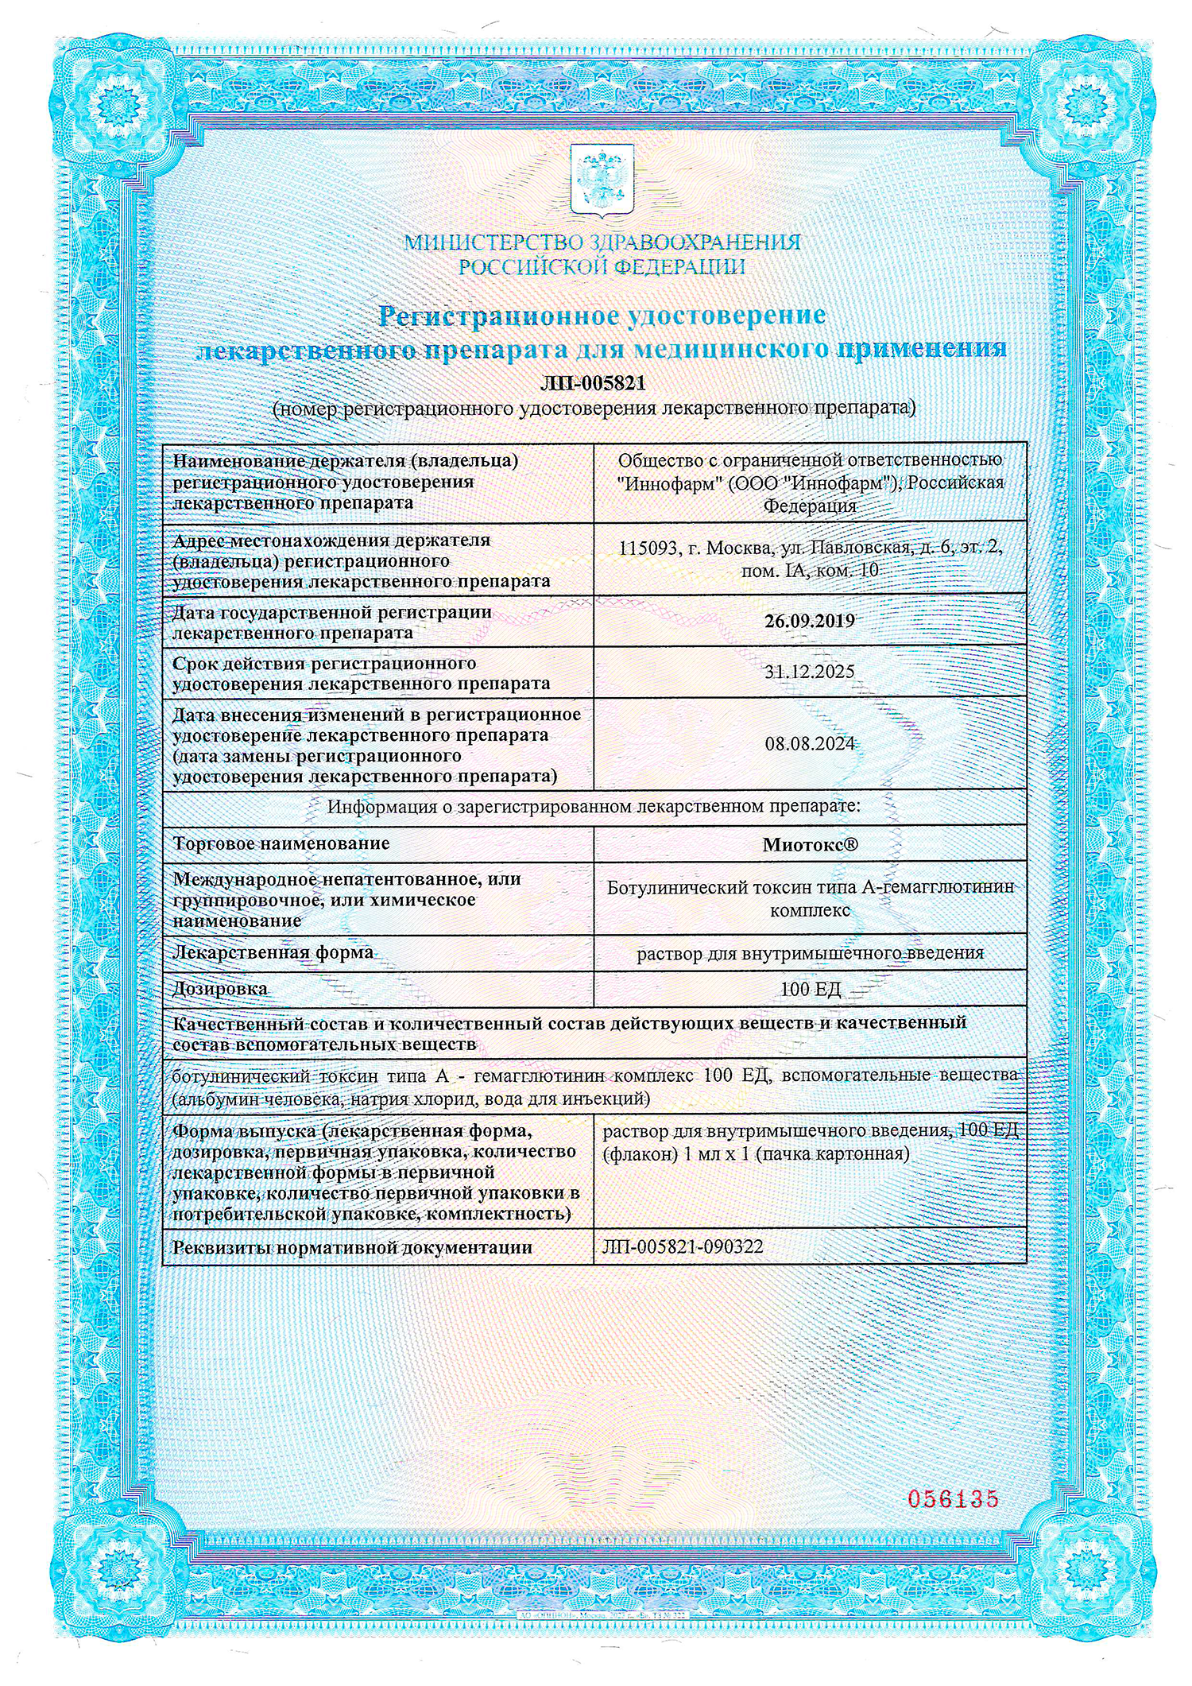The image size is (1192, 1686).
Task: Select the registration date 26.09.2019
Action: tap(809, 622)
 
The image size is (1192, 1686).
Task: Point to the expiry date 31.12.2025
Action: tap(809, 672)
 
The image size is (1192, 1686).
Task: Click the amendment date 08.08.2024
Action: tap(809, 744)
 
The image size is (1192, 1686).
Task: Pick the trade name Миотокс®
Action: tap(810, 845)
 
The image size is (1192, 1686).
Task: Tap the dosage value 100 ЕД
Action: tap(810, 990)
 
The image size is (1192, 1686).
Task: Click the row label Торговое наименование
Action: tap(281, 843)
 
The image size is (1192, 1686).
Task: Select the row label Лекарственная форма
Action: tap(273, 952)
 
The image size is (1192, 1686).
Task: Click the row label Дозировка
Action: tap(220, 989)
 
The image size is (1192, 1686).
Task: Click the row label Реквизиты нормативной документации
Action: tap(352, 1247)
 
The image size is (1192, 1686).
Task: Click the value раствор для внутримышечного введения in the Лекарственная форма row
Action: tap(810, 952)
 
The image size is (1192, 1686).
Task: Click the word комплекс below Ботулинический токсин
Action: tap(810, 910)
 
